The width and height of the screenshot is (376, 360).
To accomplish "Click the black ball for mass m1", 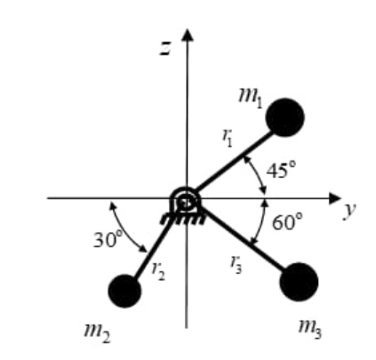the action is pos(285,117).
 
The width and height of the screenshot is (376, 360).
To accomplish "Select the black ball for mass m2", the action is pos(124,291).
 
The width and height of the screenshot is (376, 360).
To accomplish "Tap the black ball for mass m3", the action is pos(299,282).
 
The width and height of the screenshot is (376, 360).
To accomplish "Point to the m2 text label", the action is pos(97,333).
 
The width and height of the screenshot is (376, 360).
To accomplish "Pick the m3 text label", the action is pos(310,329).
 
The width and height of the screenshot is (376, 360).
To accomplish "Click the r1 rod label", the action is pos(228,138).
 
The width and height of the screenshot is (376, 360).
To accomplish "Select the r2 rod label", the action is pos(158,271).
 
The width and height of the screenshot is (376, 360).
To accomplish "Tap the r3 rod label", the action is pos(236,264).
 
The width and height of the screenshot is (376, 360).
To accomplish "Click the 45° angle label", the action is pos(281,170).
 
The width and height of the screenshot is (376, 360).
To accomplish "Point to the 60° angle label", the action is pos(287,221).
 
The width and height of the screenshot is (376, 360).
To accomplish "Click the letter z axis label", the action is pos(165,48).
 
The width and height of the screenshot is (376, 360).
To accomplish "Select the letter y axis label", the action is pos(350,211).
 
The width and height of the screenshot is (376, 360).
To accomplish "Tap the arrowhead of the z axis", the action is pos(187,35).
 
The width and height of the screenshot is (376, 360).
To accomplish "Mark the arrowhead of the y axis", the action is pos(335,198).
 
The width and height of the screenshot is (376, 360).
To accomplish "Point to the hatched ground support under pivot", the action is pos(182,220).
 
